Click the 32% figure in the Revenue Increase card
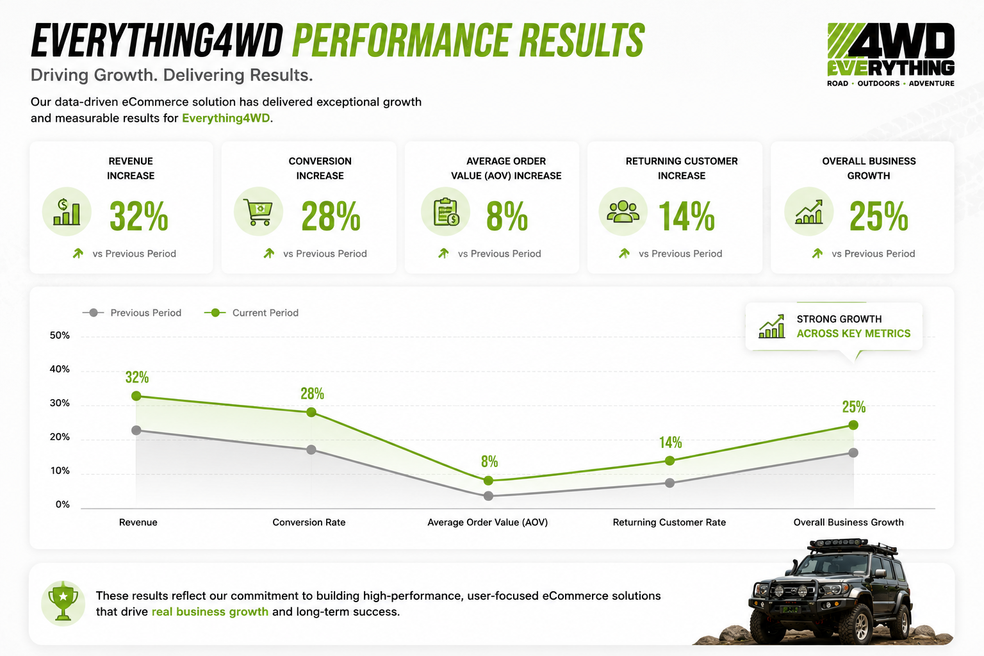[x=139, y=216]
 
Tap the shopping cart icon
[x=258, y=212]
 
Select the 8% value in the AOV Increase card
[x=507, y=216]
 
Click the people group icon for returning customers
[x=623, y=211]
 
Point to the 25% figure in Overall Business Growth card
[x=878, y=216]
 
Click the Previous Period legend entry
[x=132, y=313]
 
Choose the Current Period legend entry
[x=251, y=313]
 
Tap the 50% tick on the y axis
[x=60, y=336]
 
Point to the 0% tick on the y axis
[x=62, y=504]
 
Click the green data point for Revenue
[x=136, y=396]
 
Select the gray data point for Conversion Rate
[x=311, y=450]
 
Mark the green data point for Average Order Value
[x=488, y=480]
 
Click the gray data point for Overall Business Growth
[x=853, y=452]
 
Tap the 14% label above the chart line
[x=670, y=443]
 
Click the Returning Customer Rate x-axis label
[x=669, y=522]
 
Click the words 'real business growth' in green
[x=210, y=612]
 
